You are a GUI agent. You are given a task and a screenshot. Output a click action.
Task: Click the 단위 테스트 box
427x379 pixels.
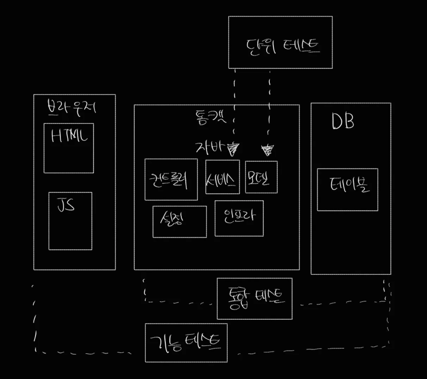[x=280, y=42]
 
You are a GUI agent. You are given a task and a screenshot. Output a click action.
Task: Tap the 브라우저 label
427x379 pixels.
[x=72, y=107]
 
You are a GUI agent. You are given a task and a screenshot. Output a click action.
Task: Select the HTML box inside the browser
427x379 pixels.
[x=69, y=148]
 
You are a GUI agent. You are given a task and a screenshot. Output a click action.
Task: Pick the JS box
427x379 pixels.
[x=70, y=221]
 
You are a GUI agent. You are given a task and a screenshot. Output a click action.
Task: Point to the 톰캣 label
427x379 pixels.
[x=210, y=116]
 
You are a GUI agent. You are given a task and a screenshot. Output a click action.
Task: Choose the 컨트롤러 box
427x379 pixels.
[x=171, y=179]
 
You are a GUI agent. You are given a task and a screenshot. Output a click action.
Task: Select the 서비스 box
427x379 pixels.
[x=222, y=177]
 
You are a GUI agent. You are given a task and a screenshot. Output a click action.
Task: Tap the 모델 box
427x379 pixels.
[x=261, y=177]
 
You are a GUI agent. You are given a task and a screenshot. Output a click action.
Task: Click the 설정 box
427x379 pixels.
[x=179, y=222]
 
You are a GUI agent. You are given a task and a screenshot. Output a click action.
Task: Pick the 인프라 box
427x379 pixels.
[x=239, y=218]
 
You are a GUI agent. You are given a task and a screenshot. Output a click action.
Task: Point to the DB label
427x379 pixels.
[x=342, y=122]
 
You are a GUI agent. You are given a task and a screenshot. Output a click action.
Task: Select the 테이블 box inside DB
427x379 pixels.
[x=347, y=190]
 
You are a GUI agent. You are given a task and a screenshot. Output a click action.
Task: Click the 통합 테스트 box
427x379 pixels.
[x=254, y=298]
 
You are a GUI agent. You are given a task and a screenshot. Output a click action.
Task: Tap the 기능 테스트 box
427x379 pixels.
[x=186, y=343]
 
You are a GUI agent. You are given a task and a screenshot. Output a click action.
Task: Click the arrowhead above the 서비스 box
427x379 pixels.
[x=233, y=149]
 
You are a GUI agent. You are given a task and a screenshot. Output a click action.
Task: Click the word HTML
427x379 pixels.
[x=69, y=135]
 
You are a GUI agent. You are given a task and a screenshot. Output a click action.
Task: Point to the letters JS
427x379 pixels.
[x=66, y=205]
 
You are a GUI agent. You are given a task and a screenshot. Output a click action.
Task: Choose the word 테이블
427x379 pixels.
[x=349, y=185]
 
